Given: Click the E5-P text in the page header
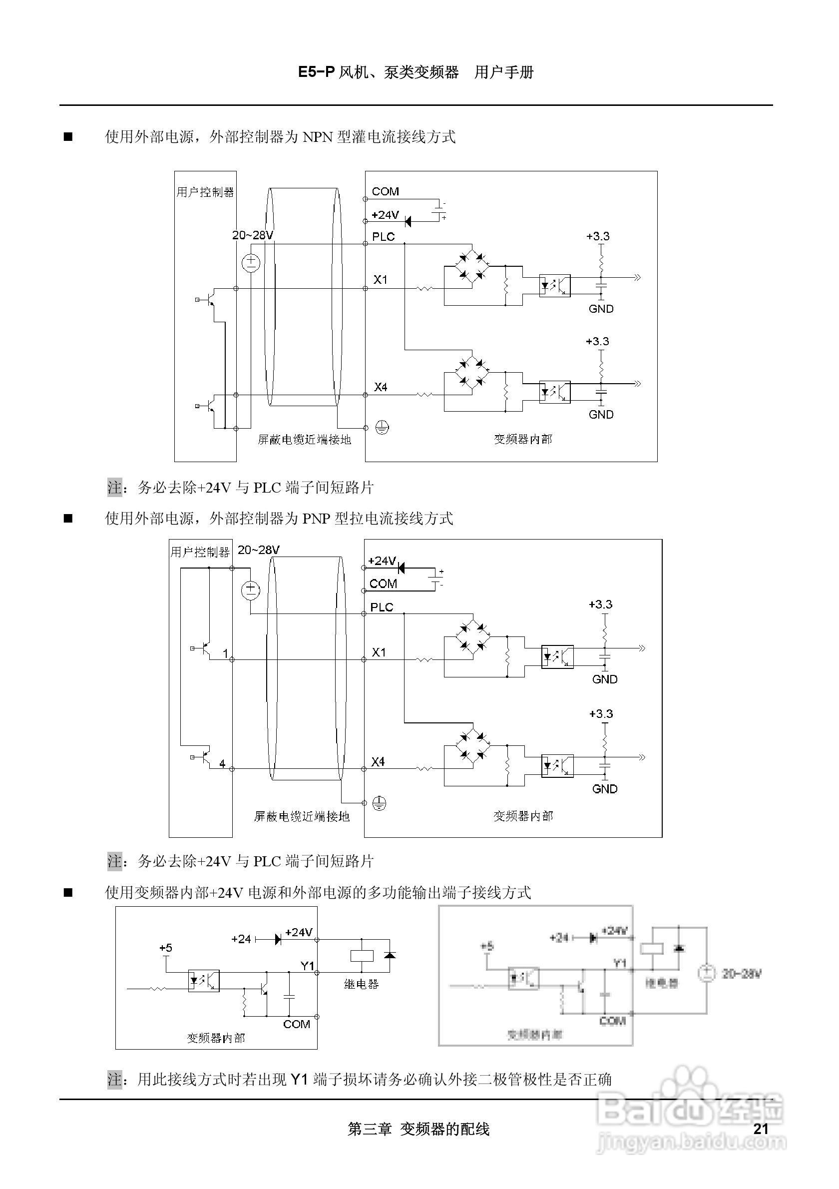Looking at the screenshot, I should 316,72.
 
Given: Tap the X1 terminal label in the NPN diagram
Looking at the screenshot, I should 381,280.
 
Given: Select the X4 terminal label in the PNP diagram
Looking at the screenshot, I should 379,762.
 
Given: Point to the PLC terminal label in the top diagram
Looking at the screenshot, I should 383,237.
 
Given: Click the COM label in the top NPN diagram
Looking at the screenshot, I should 385,192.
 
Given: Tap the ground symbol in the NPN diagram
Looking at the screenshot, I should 382,428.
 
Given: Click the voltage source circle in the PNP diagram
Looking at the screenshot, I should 251,590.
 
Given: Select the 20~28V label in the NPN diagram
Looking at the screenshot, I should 252,235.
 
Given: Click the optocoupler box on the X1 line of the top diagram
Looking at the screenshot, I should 555,285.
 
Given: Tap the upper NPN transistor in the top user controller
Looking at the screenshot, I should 210,300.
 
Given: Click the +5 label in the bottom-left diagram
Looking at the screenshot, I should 166,948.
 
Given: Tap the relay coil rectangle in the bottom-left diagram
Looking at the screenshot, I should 362,955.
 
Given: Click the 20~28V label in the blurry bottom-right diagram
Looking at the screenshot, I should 742,974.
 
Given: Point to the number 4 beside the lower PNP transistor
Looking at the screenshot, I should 222,763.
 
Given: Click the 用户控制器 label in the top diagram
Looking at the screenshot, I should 205,192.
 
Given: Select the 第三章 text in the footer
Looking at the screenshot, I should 370,1129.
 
